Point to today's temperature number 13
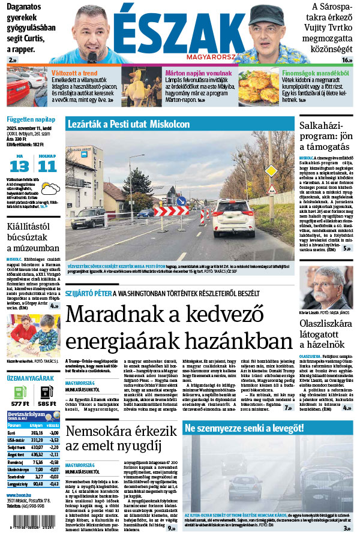point(19,166)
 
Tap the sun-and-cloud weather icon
point(52,189)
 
